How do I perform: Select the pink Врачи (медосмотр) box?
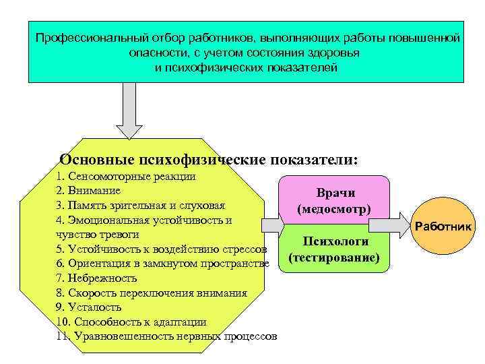point(335,198)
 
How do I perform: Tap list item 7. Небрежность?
point(97,278)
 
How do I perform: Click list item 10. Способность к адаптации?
point(132,322)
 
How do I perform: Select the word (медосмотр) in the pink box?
point(334,208)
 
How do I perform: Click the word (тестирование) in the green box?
point(334,258)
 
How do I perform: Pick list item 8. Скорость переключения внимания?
point(152,293)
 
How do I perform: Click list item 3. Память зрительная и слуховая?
point(141,206)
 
